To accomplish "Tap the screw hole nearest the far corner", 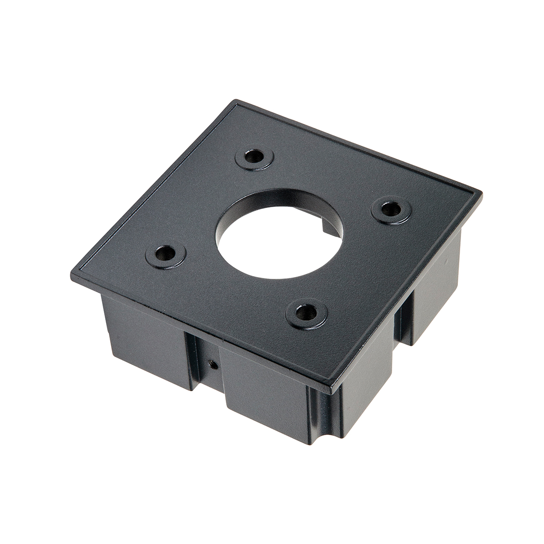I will click(x=255, y=158).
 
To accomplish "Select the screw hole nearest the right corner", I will click(x=391, y=209).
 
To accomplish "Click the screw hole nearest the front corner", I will click(x=306, y=313).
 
